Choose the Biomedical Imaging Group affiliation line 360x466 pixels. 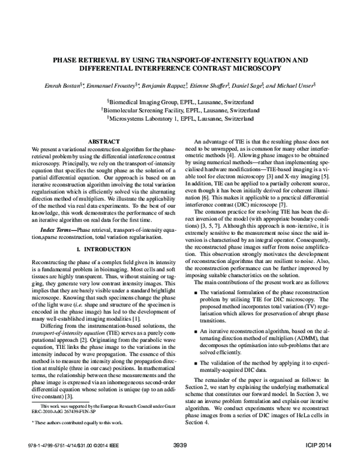coord(180,102)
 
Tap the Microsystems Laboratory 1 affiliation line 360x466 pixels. coord(180,119)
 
